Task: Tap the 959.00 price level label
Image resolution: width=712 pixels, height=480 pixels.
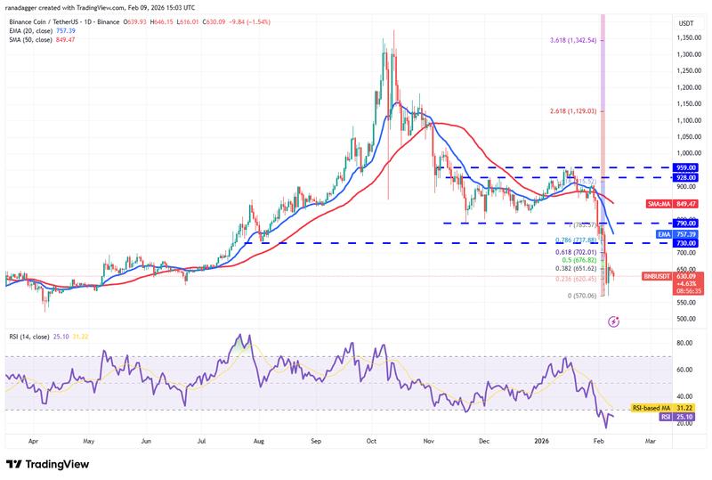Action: tap(685, 167)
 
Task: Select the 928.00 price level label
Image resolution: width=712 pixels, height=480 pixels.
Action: tap(685, 177)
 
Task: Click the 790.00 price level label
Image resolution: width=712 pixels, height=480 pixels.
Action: tap(685, 223)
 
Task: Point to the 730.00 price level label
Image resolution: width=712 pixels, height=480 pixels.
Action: tap(685, 243)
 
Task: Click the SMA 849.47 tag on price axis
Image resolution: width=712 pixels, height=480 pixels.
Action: tap(676, 204)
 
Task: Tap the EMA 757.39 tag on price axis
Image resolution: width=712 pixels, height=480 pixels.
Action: tap(676, 234)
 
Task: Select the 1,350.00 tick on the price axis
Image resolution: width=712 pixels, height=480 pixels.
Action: tap(686, 38)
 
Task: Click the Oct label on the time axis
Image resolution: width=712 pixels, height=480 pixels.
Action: tap(373, 440)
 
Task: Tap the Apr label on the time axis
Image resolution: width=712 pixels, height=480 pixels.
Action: tap(33, 440)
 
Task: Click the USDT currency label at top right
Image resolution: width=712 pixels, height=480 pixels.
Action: tap(686, 23)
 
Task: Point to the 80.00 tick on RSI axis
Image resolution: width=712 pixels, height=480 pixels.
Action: tap(685, 342)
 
